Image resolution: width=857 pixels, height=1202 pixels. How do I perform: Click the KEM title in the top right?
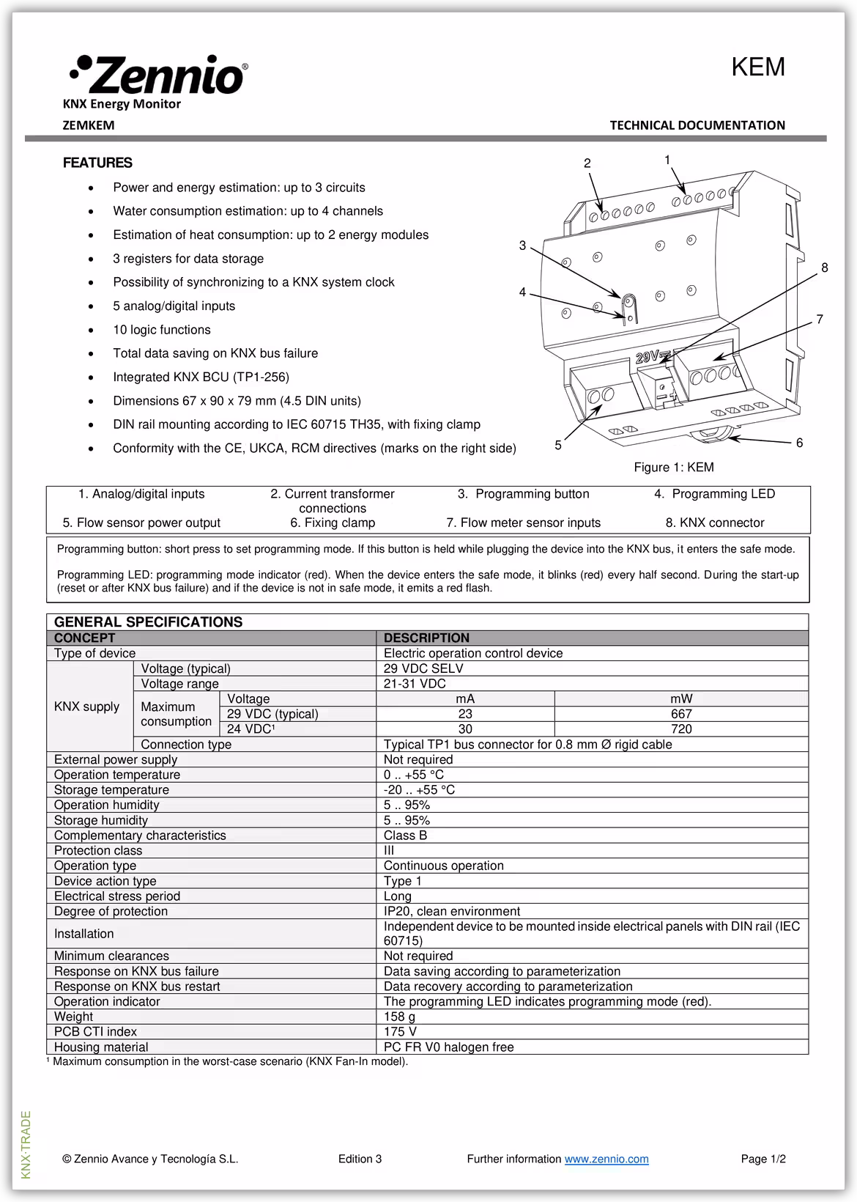757,67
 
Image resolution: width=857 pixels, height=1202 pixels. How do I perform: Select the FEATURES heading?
97,163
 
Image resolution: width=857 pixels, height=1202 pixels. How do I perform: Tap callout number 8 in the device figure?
824,268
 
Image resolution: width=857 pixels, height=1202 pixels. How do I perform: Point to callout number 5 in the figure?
558,445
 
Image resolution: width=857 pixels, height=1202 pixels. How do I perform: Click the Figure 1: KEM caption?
673,468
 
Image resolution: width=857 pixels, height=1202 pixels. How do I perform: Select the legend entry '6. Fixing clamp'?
333,523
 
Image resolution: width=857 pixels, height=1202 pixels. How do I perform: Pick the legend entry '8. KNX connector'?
714,523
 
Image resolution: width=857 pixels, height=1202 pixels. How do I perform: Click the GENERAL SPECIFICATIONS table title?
148,622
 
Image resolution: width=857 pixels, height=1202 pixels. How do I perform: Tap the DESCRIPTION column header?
426,638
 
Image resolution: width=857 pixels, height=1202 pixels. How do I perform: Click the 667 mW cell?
681,714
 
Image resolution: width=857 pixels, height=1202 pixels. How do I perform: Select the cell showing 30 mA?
465,729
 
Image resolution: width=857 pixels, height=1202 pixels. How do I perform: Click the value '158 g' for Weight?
399,1017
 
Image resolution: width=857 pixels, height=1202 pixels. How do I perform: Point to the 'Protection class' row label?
98,850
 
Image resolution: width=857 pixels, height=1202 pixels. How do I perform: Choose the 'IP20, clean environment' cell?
451,911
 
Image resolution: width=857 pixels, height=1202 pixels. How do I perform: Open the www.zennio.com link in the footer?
606,1159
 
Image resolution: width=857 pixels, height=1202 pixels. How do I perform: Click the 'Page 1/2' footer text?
763,1159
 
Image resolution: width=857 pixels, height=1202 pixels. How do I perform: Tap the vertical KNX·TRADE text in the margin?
26,1145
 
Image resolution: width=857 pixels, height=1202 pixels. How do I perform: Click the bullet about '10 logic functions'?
161,330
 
